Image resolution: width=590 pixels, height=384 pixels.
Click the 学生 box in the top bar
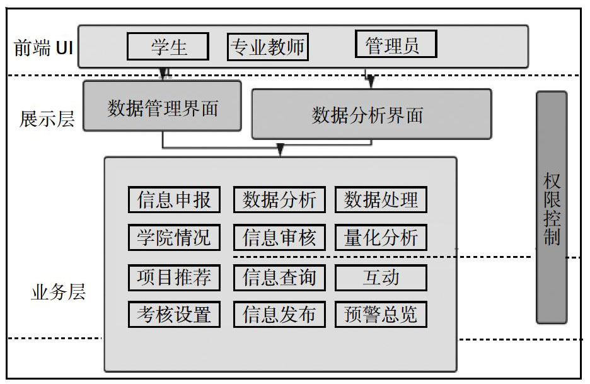pos(168,46)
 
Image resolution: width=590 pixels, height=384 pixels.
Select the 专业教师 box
pos(268,47)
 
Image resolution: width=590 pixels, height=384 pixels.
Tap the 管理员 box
pos(396,44)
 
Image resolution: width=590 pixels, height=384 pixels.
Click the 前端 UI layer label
pos(43,48)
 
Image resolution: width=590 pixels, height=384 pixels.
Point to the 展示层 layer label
pos(47,119)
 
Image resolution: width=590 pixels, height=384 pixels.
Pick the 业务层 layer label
pos(59,292)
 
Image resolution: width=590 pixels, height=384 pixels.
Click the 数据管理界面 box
pos(162,106)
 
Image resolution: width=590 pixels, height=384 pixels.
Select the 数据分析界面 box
pos(371,114)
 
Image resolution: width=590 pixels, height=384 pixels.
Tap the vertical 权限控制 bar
pos(552,207)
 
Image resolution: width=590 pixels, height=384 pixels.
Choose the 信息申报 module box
pos(174,199)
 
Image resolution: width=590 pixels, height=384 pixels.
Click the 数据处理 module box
pos(381,199)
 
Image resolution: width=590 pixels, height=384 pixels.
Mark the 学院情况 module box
pos(174,238)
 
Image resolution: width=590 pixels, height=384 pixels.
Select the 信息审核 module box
pos(279,238)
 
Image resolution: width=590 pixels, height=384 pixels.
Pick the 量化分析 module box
pos(381,238)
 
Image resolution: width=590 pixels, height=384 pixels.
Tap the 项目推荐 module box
pos(174,278)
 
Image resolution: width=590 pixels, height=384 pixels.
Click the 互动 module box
pos(381,278)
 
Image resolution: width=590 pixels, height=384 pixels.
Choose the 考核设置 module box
pos(174,315)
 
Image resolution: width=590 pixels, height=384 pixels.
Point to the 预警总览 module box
pos(381,315)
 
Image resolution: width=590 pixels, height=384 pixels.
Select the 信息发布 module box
pos(279,315)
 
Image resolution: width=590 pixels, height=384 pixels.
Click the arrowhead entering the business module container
pos(280,150)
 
